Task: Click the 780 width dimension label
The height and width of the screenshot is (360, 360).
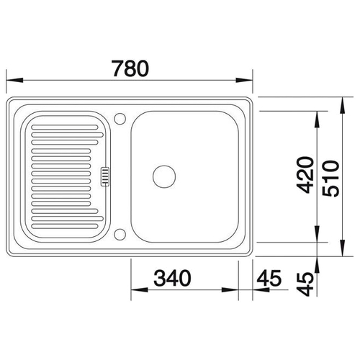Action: (131, 68)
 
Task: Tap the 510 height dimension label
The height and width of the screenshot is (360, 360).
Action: (330, 179)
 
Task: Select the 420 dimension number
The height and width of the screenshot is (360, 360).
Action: (305, 175)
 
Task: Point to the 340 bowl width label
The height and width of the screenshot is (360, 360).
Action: (172, 278)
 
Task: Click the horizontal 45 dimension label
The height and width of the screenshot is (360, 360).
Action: (269, 278)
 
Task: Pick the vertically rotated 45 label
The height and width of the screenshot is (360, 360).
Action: (305, 284)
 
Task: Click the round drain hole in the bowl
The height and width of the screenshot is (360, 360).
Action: (164, 176)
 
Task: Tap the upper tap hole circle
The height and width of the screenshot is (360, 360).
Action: (120, 119)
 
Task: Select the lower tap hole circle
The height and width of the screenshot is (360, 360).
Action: (120, 235)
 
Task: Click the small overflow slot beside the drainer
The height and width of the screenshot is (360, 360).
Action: (105, 176)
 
